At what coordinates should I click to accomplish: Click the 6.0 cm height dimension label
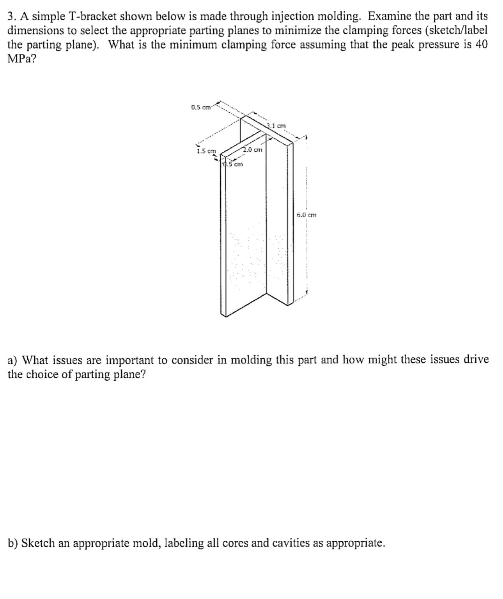tap(306, 214)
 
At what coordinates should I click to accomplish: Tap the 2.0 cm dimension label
tap(253, 149)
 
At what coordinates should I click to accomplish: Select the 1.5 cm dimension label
tap(206, 151)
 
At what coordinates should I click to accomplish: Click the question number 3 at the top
tap(11, 16)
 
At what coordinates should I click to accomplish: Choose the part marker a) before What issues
tap(13, 360)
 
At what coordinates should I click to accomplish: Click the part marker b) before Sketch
tap(13, 543)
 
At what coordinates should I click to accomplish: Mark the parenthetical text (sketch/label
tap(456, 30)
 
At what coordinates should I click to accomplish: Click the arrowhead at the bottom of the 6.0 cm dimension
tap(306, 292)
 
